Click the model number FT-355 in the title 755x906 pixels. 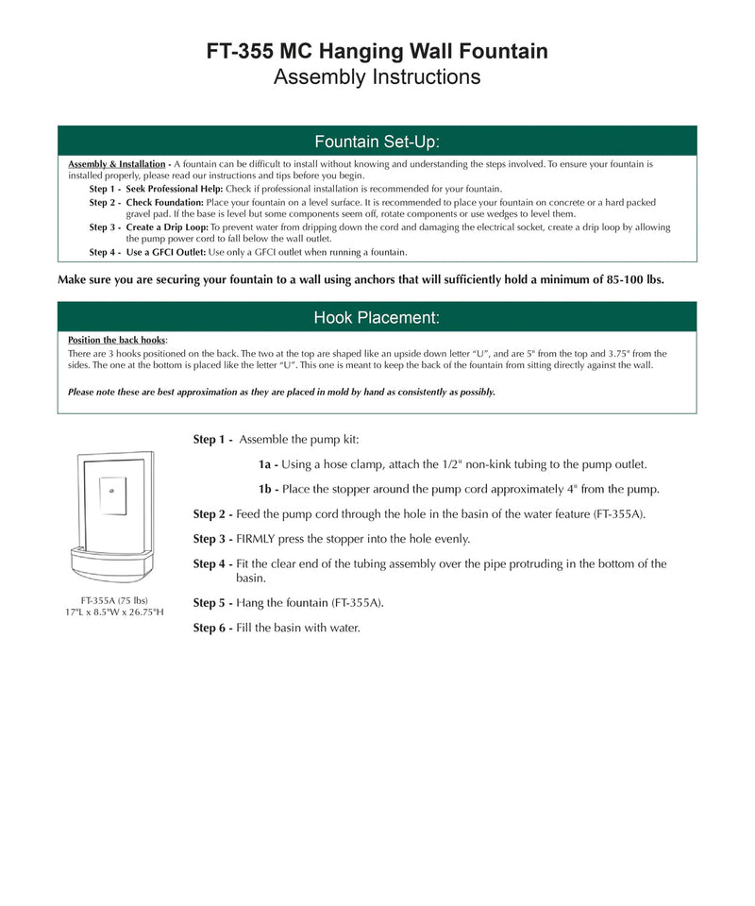pyautogui.click(x=243, y=51)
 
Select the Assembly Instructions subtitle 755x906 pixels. pyautogui.click(x=377, y=77)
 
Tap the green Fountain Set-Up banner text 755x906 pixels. pyautogui.click(x=377, y=142)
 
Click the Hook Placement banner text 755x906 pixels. pyautogui.click(x=377, y=317)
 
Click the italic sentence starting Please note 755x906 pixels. pyautogui.click(x=281, y=392)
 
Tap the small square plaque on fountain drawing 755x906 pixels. pyautogui.click(x=112, y=495)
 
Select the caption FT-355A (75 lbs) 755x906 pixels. pyautogui.click(x=113, y=600)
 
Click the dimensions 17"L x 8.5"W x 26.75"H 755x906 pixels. pyautogui.click(x=113, y=612)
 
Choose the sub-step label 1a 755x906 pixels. pyautogui.click(x=267, y=464)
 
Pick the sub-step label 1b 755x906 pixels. pyautogui.click(x=268, y=489)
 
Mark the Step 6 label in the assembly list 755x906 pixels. pyautogui.click(x=212, y=628)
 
